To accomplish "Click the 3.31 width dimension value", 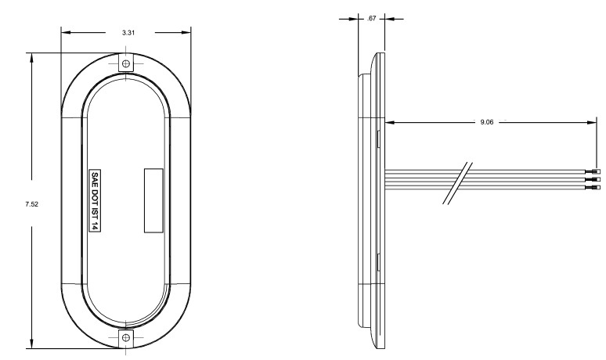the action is click(x=128, y=33).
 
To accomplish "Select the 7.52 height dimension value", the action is click(x=31, y=204).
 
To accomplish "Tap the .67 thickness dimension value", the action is click(x=371, y=18).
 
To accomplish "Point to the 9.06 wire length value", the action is click(x=487, y=122).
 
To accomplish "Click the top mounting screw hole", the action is click(x=125, y=63).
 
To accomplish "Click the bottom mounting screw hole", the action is click(x=125, y=337).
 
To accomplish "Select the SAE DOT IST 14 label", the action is click(x=95, y=200).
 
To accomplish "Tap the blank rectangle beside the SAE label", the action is click(x=153, y=200).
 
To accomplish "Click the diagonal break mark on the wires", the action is click(x=457, y=183).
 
